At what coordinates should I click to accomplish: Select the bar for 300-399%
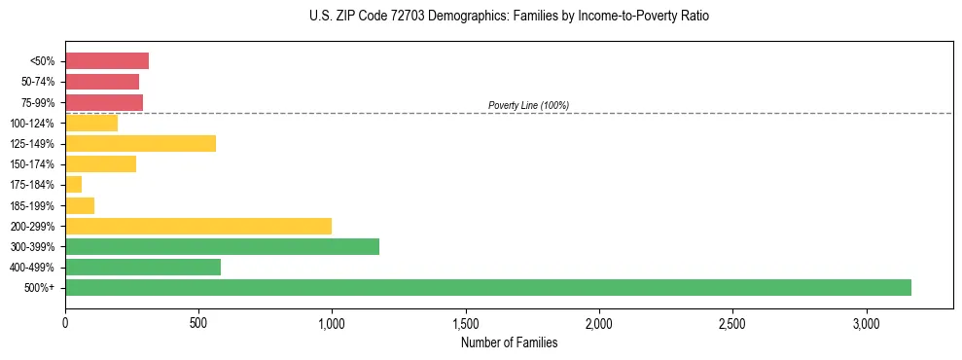tap(222, 246)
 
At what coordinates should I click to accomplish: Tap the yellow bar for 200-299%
tap(198, 226)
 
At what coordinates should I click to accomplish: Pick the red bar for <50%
tap(107, 61)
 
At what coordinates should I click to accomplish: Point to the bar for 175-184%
tap(74, 185)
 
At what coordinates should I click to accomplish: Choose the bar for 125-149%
tap(140, 143)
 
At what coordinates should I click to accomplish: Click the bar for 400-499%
tap(143, 267)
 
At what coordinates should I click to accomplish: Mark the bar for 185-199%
tap(80, 205)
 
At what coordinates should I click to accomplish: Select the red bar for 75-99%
tap(104, 102)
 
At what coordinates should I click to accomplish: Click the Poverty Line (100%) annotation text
tap(528, 105)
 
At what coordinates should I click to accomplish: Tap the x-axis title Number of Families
tap(509, 342)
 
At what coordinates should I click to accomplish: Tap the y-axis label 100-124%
tap(32, 124)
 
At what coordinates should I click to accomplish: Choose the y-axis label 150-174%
tap(32, 164)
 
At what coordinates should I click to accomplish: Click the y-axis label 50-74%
tap(38, 82)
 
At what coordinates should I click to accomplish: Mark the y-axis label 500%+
tap(40, 288)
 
